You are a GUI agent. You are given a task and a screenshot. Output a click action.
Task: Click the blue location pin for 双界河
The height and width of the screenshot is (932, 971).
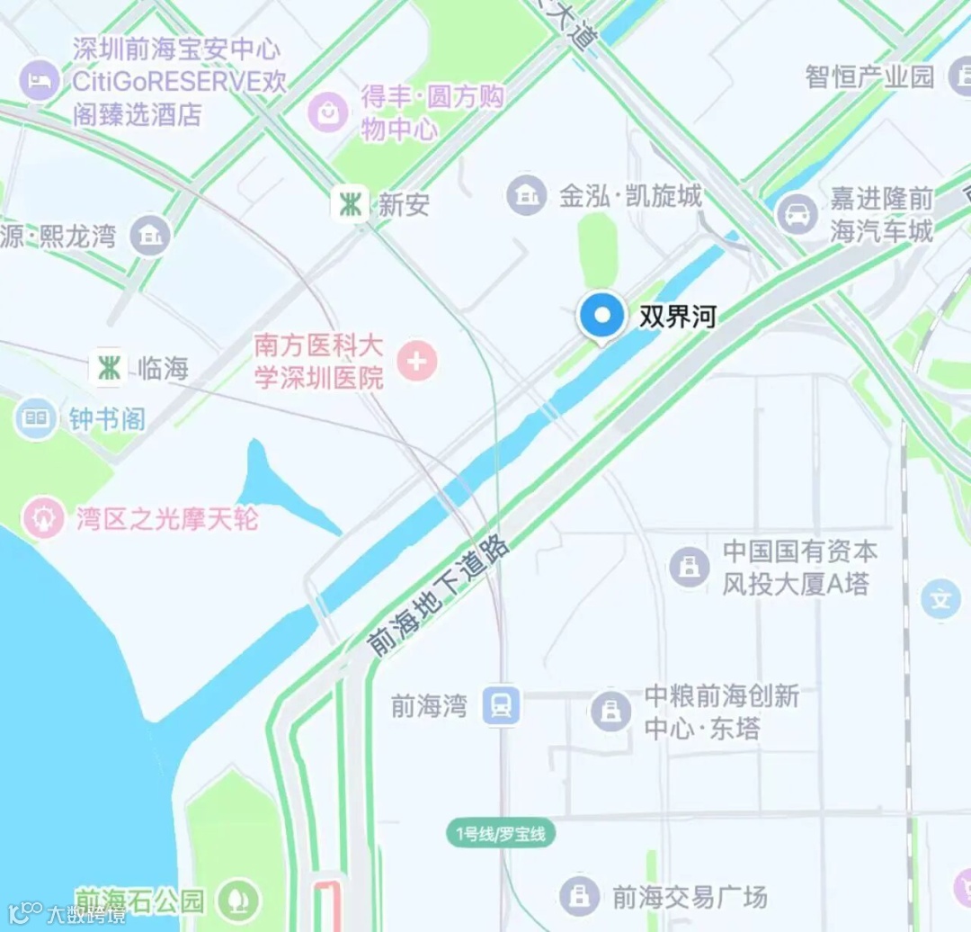601,318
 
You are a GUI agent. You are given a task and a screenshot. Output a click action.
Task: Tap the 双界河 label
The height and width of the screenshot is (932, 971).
677,318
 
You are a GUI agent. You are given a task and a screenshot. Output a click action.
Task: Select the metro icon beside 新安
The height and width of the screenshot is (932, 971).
349,205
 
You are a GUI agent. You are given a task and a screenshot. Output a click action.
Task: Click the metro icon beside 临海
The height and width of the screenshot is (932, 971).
109,368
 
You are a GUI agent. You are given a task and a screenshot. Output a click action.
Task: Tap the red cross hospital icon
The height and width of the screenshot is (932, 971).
416,363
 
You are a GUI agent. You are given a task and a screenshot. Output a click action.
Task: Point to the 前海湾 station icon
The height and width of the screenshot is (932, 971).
501,705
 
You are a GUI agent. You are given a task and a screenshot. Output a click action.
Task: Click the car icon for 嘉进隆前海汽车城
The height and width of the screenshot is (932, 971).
797,215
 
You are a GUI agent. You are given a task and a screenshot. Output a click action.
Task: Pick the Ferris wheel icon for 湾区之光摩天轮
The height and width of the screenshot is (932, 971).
43,519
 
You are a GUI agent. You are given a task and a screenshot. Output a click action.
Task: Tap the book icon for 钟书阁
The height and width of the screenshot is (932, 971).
35,418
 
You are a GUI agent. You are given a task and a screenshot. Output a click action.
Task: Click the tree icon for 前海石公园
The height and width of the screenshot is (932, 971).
239,899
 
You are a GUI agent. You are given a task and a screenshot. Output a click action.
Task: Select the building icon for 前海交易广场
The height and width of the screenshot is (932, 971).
580,895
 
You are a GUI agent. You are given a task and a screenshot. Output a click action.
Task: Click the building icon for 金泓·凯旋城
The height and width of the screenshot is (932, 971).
527,195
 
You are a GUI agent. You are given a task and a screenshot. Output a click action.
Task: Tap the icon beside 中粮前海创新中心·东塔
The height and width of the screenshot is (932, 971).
611,712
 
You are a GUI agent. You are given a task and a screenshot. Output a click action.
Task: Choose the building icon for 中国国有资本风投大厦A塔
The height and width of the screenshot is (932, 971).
690,567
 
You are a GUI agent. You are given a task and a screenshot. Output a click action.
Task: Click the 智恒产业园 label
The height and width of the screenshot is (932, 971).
869,76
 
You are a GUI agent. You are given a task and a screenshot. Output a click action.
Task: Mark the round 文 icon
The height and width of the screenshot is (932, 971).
941,599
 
